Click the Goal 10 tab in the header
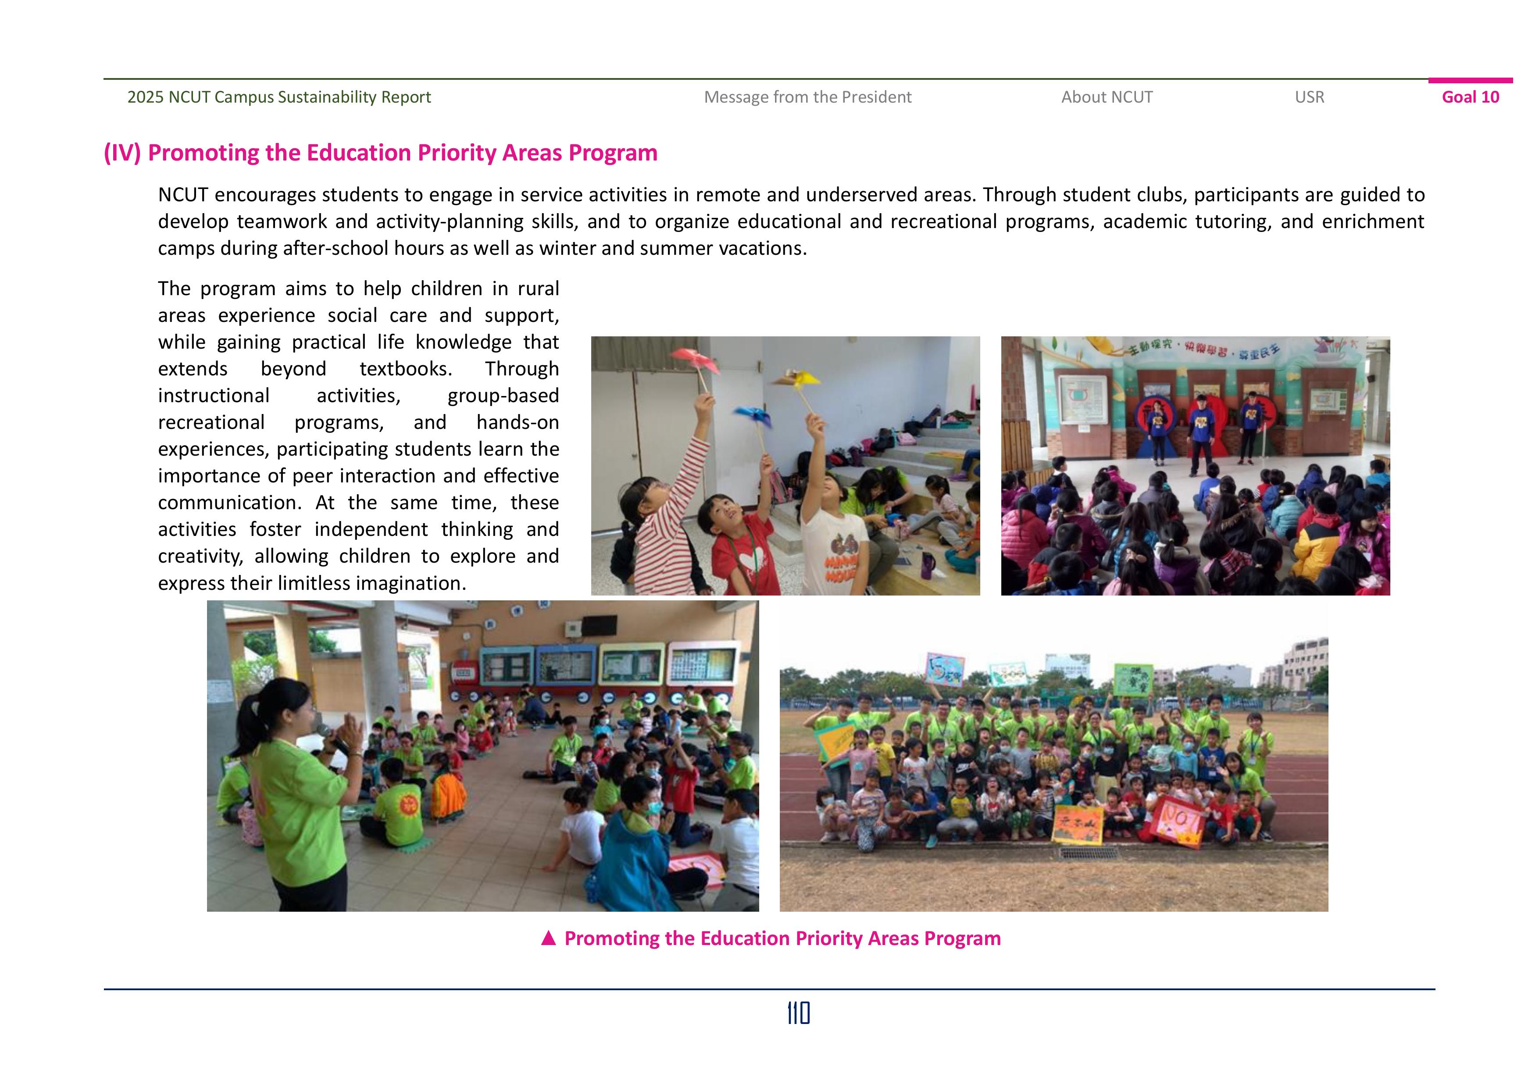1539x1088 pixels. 1470,97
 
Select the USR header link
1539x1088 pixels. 1309,97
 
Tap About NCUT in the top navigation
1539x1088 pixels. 1107,97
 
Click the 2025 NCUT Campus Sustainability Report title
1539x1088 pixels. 279,97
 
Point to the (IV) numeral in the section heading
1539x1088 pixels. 122,153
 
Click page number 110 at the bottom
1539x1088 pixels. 798,1013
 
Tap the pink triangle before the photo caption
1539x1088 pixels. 548,938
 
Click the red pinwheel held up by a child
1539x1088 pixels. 694,360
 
